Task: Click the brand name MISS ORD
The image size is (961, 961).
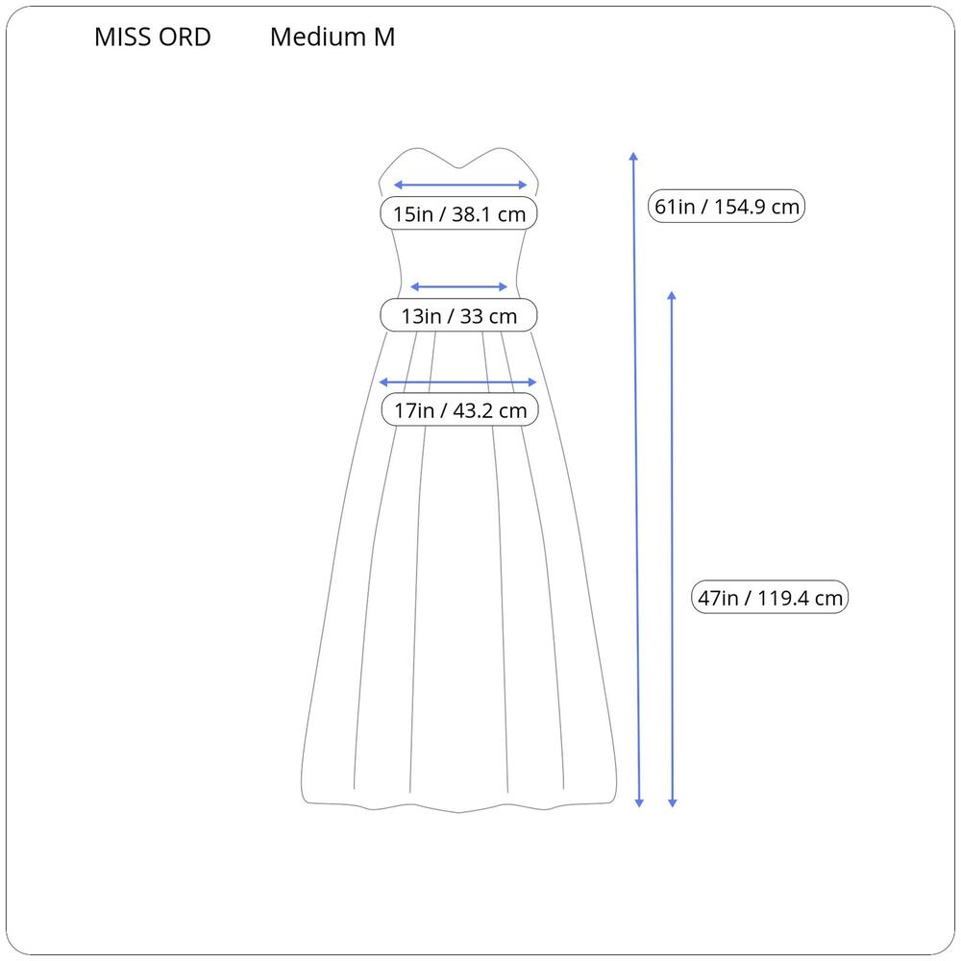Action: click(x=153, y=37)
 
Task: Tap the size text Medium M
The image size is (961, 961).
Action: click(x=333, y=37)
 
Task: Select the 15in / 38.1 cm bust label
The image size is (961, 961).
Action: click(x=459, y=214)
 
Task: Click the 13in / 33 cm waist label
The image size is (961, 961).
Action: click(x=459, y=315)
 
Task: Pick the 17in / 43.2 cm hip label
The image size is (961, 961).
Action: click(x=459, y=410)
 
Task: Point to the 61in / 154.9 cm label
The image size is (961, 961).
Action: click(x=727, y=206)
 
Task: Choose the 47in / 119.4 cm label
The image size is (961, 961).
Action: click(x=770, y=597)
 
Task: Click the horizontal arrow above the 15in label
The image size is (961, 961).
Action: click(x=459, y=185)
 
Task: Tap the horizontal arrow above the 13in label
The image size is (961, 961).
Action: click(x=458, y=286)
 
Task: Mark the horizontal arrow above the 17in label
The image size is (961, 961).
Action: click(x=457, y=382)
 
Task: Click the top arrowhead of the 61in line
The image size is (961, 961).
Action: click(x=633, y=157)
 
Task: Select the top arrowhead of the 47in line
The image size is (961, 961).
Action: click(x=672, y=296)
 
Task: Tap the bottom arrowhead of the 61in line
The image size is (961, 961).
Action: click(x=639, y=802)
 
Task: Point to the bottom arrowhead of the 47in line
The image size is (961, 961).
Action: click(x=673, y=802)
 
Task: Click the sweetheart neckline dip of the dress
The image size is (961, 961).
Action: click(x=458, y=167)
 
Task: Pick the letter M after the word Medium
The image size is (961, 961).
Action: click(x=384, y=37)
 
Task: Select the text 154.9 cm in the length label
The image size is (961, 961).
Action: click(x=756, y=207)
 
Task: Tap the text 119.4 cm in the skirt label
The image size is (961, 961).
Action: click(x=800, y=598)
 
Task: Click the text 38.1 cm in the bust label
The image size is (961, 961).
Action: click(x=488, y=214)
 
